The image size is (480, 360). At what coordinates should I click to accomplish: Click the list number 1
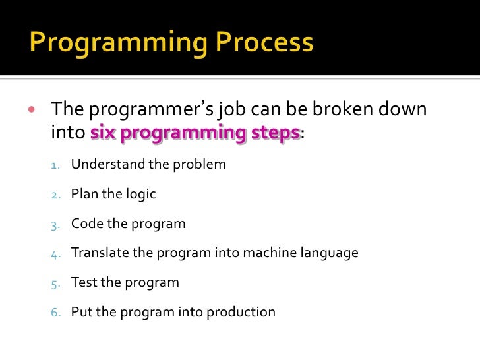point(55,165)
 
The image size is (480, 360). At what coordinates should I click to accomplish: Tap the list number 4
point(55,253)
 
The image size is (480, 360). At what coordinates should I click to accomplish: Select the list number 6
point(55,313)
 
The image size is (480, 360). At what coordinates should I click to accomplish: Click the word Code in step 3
point(86,224)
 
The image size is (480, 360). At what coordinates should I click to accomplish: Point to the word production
point(243,313)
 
